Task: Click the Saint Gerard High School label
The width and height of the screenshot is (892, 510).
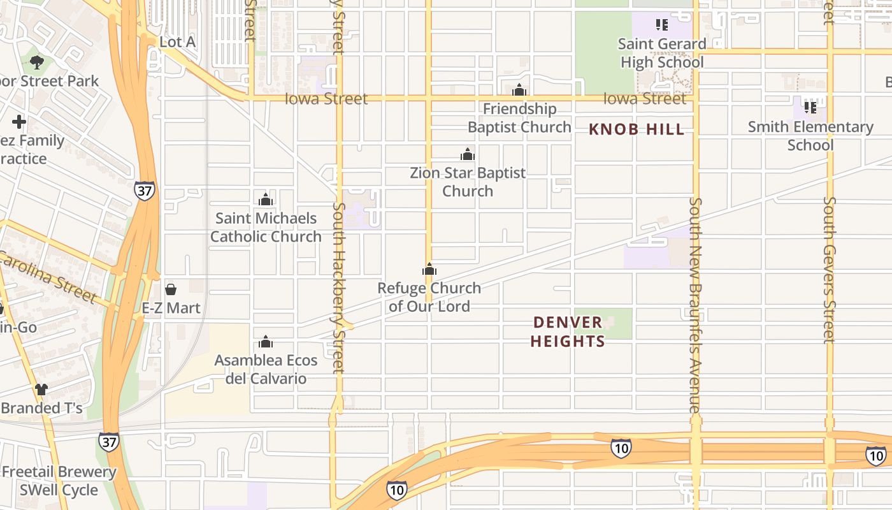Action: [x=662, y=53]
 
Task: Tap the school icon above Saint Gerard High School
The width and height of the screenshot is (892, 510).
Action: [x=662, y=25]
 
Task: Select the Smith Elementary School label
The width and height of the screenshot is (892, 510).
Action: [x=810, y=136]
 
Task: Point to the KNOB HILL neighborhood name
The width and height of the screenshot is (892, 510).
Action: [x=637, y=129]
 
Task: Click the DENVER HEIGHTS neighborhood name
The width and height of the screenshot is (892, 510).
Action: [x=567, y=331]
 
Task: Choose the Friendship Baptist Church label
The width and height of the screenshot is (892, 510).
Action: [x=519, y=118]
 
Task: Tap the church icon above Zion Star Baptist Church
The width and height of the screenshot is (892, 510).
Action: [x=468, y=154]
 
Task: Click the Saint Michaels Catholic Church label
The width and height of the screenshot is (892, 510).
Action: [x=266, y=227]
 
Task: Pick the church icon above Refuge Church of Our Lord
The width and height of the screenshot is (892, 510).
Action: [x=429, y=269]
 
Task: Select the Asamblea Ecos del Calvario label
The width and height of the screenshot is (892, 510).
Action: [x=266, y=369]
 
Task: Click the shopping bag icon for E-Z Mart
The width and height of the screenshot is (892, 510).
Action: [x=171, y=289]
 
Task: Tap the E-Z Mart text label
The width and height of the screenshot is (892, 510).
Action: [x=171, y=308]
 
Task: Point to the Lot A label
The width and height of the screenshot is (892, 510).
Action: [x=177, y=42]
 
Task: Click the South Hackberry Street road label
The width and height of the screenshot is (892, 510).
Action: [x=338, y=287]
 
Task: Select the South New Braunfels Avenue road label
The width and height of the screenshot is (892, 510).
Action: [x=695, y=305]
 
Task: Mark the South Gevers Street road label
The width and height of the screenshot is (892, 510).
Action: [x=829, y=269]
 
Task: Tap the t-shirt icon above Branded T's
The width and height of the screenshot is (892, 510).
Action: [x=41, y=389]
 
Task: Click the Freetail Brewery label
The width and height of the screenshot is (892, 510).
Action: [x=59, y=472]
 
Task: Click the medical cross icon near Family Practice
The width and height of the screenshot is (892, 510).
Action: [x=19, y=121]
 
